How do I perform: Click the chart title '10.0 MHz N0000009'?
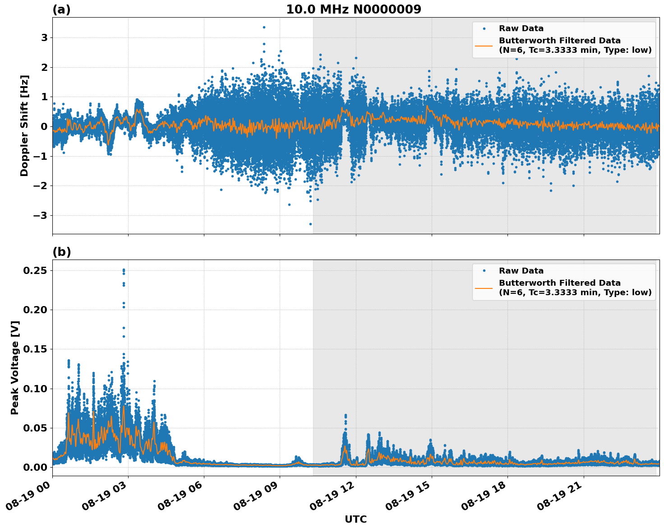point(353,9)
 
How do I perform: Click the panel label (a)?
point(61,9)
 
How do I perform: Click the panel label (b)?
point(61,252)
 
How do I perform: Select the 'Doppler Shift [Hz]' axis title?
point(24,125)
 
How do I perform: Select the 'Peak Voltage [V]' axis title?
point(15,367)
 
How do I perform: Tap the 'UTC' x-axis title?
point(355,519)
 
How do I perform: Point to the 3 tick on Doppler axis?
point(44,37)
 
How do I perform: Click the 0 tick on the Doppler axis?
point(44,126)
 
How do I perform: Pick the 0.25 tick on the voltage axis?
point(36,270)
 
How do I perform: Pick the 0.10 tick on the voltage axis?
point(36,389)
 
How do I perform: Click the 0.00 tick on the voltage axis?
point(36,467)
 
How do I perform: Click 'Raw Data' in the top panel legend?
point(521,28)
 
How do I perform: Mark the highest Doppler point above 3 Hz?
point(264,27)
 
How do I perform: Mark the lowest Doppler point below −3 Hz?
point(310,224)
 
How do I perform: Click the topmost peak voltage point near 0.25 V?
point(124,270)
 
